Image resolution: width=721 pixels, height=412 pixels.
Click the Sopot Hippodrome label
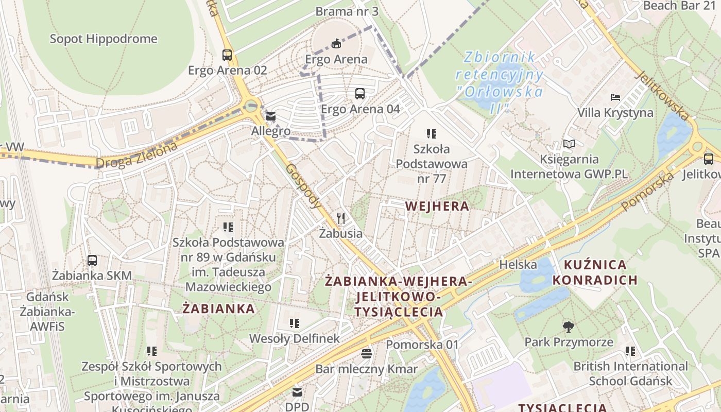tap(104, 39)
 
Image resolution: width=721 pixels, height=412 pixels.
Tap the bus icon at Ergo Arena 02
tap(227, 55)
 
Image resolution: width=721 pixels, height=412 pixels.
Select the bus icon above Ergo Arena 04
tap(360, 94)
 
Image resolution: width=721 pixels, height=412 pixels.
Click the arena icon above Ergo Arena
tap(336, 44)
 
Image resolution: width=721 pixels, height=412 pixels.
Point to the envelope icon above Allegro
tap(271, 116)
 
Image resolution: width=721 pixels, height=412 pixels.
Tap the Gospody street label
tap(303, 186)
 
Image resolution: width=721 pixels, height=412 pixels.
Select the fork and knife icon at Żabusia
tap(340, 218)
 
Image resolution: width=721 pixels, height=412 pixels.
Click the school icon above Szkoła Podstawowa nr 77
tap(432, 134)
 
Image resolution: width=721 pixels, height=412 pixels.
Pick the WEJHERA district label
tap(437, 207)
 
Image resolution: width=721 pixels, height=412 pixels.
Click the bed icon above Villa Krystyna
tap(615, 97)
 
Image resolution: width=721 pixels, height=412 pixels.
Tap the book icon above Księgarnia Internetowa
tap(569, 144)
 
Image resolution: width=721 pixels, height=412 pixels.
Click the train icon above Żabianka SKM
tap(92, 261)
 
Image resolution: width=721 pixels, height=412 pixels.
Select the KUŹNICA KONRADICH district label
tap(601, 272)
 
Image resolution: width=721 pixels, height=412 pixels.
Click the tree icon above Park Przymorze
tap(569, 327)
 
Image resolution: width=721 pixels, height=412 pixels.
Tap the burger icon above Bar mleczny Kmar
tap(367, 354)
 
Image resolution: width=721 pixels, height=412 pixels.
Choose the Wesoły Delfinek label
tap(295, 338)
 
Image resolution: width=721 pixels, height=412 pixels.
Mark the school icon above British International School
tap(630, 351)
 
